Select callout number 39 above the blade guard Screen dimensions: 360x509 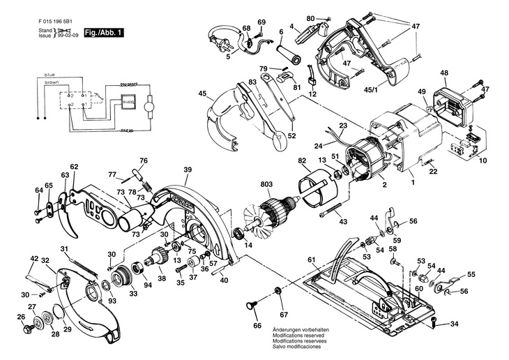tap(187, 170)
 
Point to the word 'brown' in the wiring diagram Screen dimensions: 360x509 tap(51, 82)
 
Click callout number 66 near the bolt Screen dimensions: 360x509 tap(256, 326)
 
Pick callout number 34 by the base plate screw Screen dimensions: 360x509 tap(454, 324)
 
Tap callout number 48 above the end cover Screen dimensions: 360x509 tap(443, 73)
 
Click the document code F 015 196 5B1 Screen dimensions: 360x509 tap(58, 20)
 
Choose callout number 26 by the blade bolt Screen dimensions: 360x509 tap(20, 317)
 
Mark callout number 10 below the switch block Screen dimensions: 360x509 tap(481, 160)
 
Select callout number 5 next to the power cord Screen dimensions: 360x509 tap(227, 57)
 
